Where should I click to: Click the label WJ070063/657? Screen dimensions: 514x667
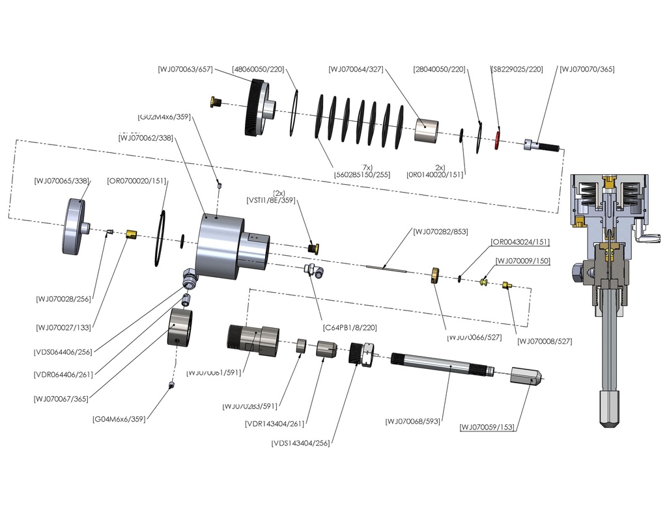[186, 70]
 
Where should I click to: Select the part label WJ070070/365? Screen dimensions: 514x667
[587, 70]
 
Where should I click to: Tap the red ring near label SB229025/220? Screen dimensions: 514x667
[498, 139]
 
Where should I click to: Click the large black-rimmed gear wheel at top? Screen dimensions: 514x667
[255, 107]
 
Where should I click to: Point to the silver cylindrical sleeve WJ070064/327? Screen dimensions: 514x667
[427, 129]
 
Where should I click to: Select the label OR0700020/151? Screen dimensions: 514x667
[137, 181]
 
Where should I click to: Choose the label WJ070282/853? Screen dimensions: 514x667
[440, 232]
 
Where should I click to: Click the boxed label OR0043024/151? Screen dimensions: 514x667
[520, 243]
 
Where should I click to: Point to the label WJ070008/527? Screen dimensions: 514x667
[545, 341]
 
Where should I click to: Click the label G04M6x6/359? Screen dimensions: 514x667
[119, 419]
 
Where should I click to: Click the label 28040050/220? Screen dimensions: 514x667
[439, 70]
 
